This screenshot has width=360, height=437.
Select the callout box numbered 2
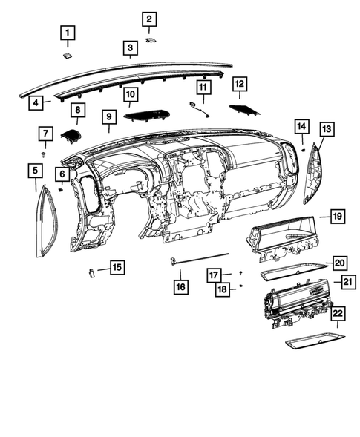point(149,19)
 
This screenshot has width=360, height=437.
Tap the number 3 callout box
point(130,49)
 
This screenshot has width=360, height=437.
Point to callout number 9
point(108,116)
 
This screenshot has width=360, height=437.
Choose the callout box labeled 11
point(203,88)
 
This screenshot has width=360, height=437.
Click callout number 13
point(327,129)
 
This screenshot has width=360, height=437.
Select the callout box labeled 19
point(337,217)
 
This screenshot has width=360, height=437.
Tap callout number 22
point(338,315)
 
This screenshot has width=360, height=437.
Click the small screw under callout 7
point(46,154)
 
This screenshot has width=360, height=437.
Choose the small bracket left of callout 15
point(92,272)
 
